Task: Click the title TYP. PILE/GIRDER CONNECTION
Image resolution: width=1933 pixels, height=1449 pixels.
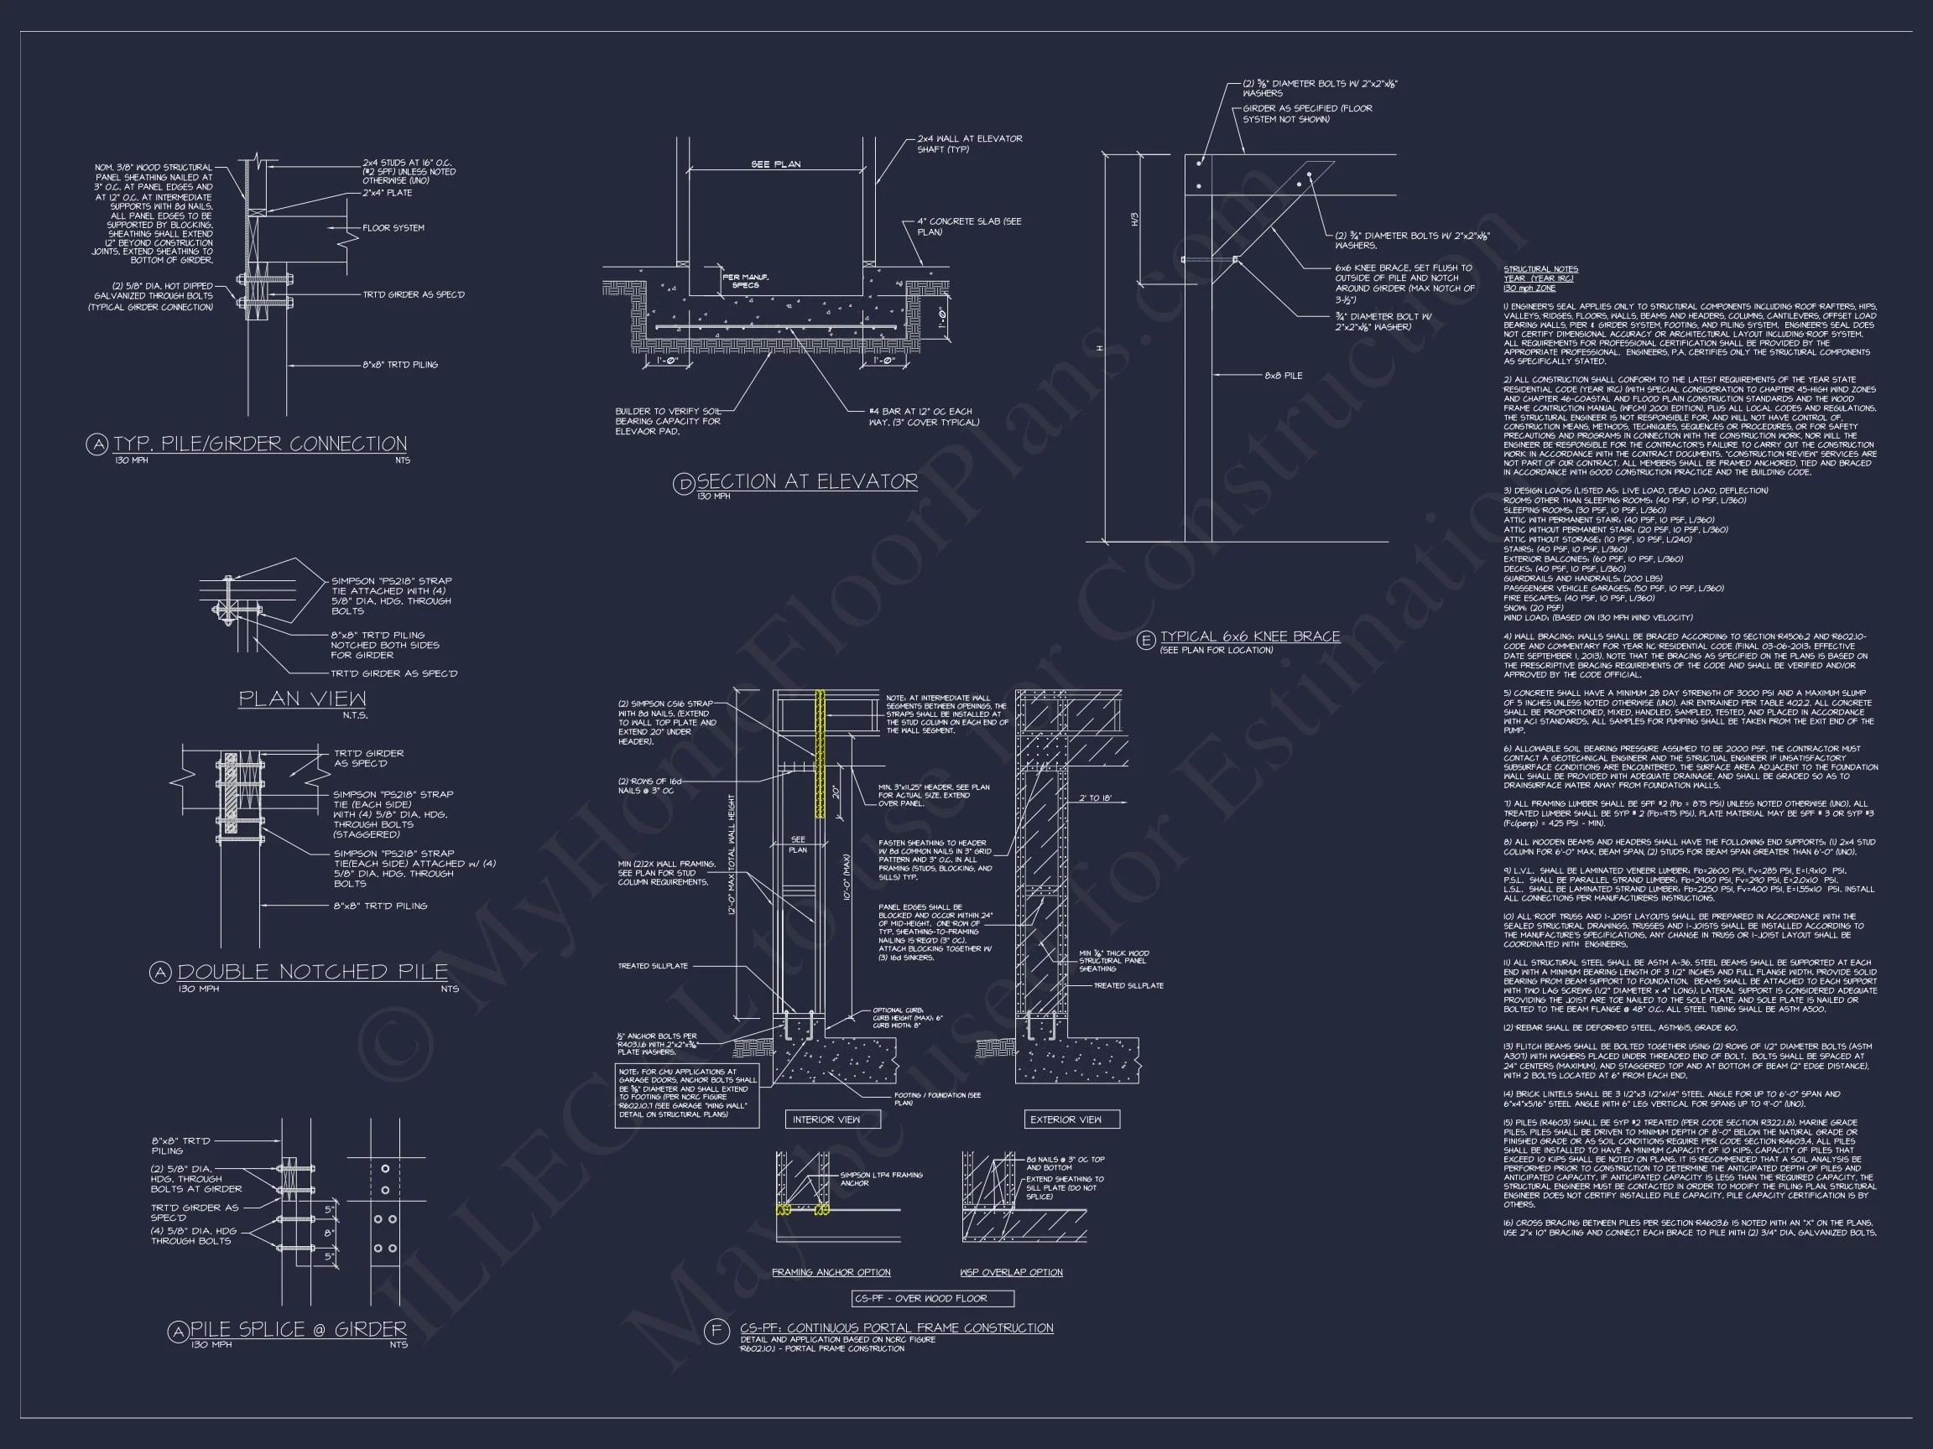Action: tap(259, 444)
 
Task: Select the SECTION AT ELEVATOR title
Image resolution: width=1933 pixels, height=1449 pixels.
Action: tap(806, 481)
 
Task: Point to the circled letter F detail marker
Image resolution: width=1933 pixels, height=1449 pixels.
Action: tap(716, 1331)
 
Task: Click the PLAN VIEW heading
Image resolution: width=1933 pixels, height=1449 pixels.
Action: tap(302, 699)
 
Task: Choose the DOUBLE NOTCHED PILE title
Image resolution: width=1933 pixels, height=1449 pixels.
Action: tap(312, 972)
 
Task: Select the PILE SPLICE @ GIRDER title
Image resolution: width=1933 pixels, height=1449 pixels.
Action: tap(298, 1329)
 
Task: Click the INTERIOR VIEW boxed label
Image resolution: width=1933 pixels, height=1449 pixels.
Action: tap(826, 1119)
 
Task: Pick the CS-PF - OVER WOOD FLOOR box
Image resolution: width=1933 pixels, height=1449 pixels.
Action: tap(932, 1299)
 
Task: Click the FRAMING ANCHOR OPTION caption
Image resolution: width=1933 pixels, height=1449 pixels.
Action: tap(831, 1273)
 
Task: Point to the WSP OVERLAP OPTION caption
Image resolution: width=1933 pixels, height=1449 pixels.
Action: tap(1011, 1273)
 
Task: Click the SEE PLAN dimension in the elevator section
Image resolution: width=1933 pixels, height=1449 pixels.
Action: tap(775, 164)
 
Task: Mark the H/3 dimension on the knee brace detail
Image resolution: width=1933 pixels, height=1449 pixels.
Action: tap(1135, 218)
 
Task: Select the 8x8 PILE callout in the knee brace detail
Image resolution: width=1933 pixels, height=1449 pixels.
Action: tap(1283, 376)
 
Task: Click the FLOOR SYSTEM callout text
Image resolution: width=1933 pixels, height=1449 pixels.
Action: tap(393, 228)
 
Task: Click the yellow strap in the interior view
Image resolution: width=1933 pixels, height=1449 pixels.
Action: tap(821, 753)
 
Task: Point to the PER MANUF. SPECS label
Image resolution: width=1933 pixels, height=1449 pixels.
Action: tap(745, 281)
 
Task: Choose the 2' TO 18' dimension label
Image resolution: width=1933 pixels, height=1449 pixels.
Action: tap(1094, 798)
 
